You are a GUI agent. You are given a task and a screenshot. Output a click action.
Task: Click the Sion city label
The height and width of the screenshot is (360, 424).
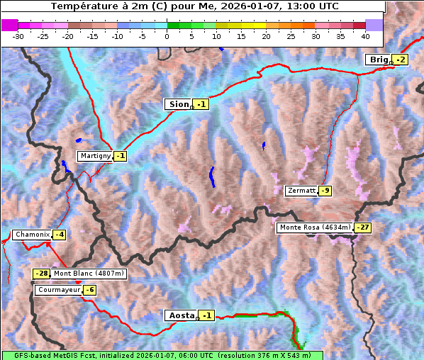coord(178,104)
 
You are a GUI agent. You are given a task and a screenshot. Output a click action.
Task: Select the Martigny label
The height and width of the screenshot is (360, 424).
coord(95,156)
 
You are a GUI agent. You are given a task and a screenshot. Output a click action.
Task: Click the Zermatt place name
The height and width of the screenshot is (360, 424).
coord(301,191)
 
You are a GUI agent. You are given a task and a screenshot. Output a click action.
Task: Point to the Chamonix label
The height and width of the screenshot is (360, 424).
coord(32,235)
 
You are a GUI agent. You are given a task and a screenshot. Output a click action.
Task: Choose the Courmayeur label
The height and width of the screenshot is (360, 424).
coord(58,290)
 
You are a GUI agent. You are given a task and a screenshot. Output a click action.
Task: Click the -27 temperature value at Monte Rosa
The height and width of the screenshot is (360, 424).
coord(363,227)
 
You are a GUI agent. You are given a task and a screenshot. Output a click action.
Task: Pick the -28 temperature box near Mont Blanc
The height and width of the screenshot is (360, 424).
coord(42,274)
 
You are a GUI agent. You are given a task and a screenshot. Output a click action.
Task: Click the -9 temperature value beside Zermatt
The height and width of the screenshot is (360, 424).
coord(325,191)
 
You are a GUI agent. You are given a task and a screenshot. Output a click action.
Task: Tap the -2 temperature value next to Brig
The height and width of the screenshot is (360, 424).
coord(401,60)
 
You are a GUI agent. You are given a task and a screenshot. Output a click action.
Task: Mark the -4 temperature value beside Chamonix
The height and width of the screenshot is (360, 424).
coord(60,235)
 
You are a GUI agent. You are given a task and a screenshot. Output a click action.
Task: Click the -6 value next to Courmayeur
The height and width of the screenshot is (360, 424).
coord(89,290)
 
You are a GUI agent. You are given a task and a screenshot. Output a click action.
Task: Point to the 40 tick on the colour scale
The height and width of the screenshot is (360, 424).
coord(365,35)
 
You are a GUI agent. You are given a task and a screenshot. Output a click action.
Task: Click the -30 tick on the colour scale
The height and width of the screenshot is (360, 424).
coord(18,35)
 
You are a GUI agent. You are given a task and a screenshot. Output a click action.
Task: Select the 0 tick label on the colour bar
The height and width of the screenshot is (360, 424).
coord(167,35)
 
